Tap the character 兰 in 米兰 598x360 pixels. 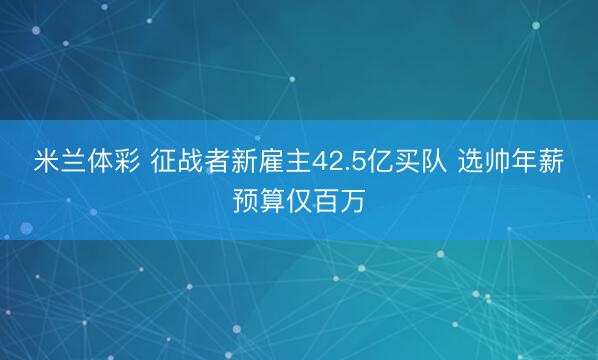(73, 163)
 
